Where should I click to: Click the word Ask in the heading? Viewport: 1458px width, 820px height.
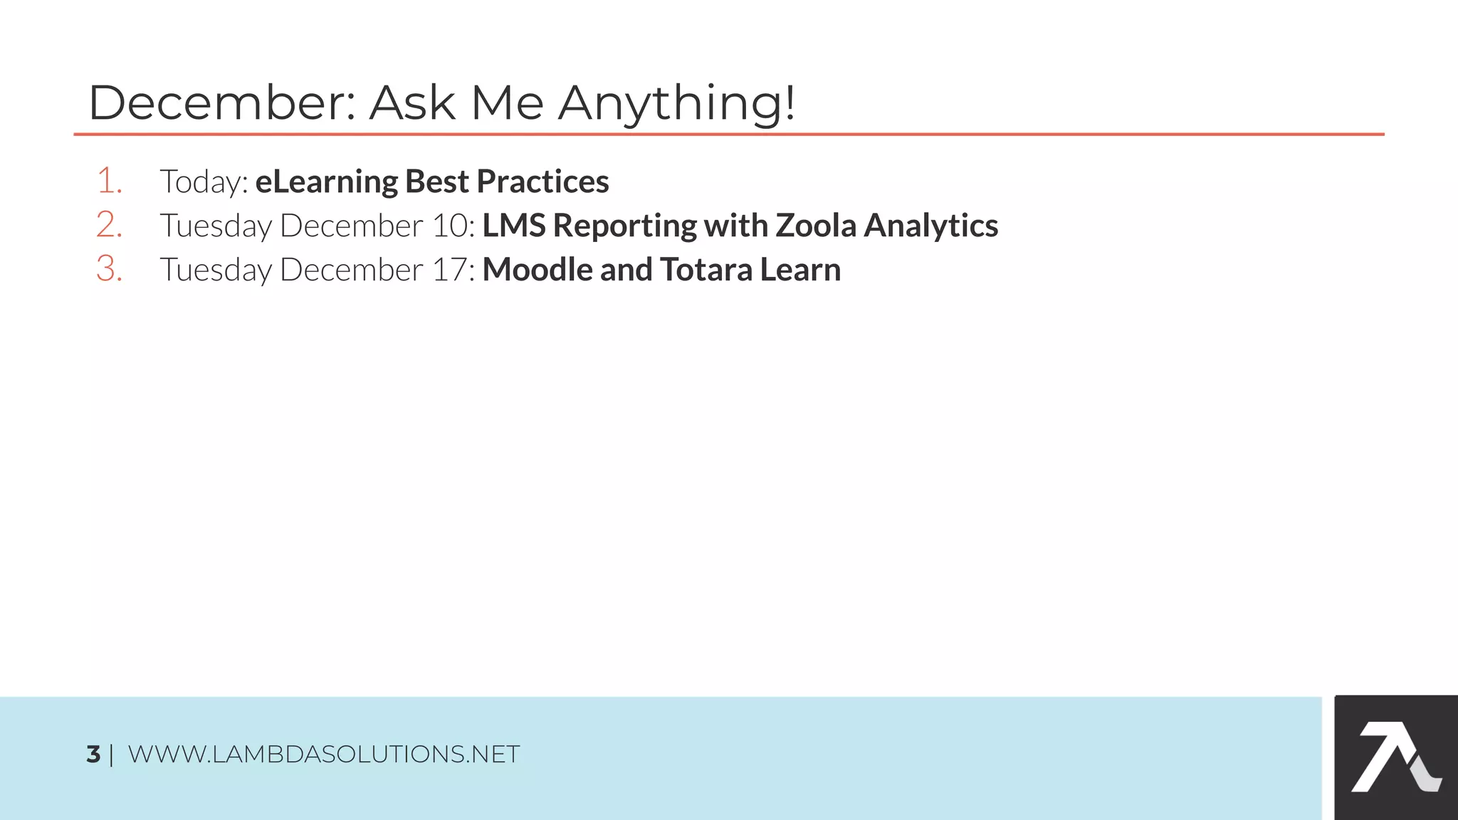412,103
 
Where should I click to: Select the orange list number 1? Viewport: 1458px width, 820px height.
109,181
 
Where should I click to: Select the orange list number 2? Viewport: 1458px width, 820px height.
109,225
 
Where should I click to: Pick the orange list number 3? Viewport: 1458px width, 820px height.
109,269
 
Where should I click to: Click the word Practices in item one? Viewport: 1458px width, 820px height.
542,182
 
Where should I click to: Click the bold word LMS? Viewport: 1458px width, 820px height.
513,226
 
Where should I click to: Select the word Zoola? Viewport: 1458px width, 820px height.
815,226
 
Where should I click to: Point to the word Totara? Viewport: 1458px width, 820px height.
706,270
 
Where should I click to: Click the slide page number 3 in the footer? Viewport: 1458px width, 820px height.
93,754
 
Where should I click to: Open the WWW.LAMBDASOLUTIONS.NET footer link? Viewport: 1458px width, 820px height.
324,754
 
